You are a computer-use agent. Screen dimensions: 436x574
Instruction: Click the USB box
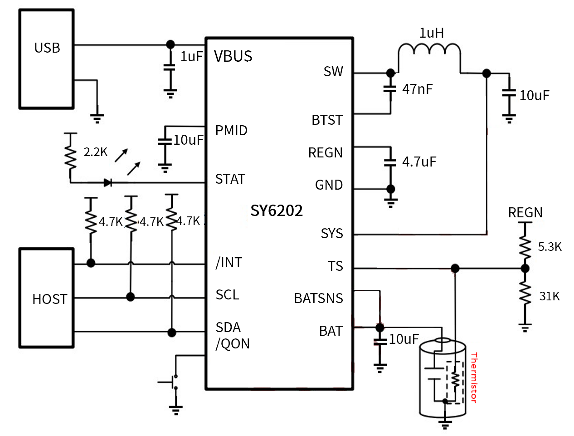click(46, 59)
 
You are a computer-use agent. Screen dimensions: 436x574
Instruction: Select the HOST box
click(46, 298)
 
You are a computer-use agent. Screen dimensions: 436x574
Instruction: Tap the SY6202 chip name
click(277, 211)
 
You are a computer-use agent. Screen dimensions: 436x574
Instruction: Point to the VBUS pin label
click(233, 56)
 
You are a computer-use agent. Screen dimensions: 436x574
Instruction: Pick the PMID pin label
click(231, 131)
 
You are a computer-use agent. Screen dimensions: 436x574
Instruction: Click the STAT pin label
click(230, 179)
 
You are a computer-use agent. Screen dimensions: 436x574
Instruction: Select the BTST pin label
click(327, 120)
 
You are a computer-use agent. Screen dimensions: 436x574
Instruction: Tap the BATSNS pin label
click(318, 299)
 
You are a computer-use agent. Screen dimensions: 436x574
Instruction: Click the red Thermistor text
click(474, 377)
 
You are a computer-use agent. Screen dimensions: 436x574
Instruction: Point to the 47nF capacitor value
click(417, 89)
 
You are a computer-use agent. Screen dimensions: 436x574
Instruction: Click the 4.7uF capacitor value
click(419, 162)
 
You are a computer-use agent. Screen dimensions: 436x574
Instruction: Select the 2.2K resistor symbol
click(70, 157)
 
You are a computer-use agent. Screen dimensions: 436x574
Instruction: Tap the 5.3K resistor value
click(550, 247)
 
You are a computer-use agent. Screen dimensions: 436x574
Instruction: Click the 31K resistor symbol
click(525, 294)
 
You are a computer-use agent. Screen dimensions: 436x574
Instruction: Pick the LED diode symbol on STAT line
click(108, 183)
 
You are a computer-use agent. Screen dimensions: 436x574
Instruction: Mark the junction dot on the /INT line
click(91, 263)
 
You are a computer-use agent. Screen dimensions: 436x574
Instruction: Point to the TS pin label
click(336, 266)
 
